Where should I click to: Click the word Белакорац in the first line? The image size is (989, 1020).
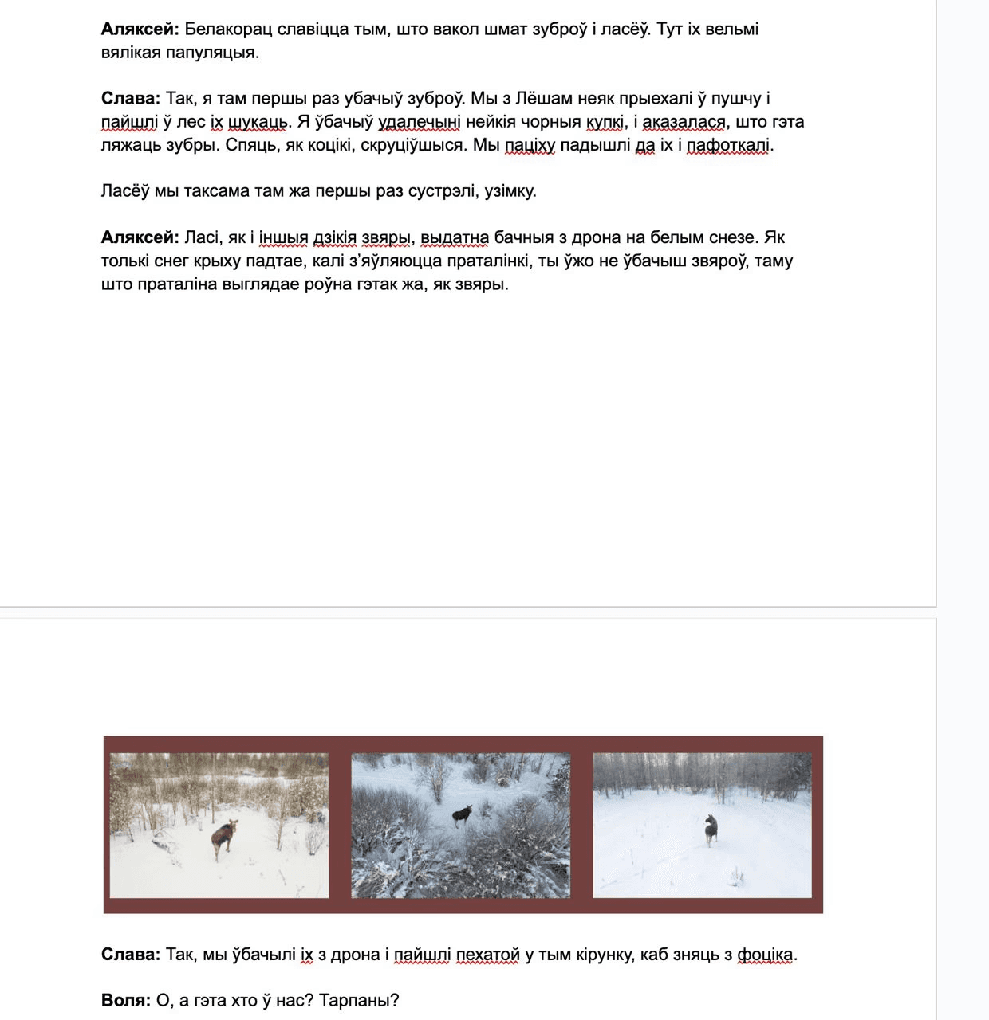tap(227, 29)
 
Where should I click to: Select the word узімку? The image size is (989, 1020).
tap(510, 191)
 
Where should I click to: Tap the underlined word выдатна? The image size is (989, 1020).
tap(455, 237)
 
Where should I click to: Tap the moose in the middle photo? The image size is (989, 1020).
tap(462, 814)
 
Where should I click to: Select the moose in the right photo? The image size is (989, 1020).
tap(710, 830)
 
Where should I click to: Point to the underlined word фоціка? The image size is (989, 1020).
tap(765, 955)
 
